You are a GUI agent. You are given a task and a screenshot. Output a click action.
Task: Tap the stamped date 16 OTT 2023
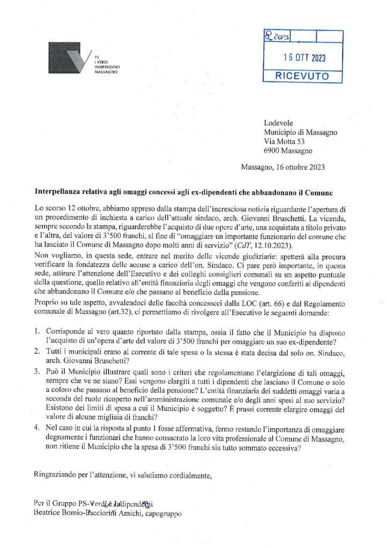(303, 58)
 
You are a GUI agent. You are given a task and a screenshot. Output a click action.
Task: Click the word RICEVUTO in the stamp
(302, 76)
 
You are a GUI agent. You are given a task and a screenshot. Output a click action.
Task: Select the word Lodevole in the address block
(279, 123)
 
